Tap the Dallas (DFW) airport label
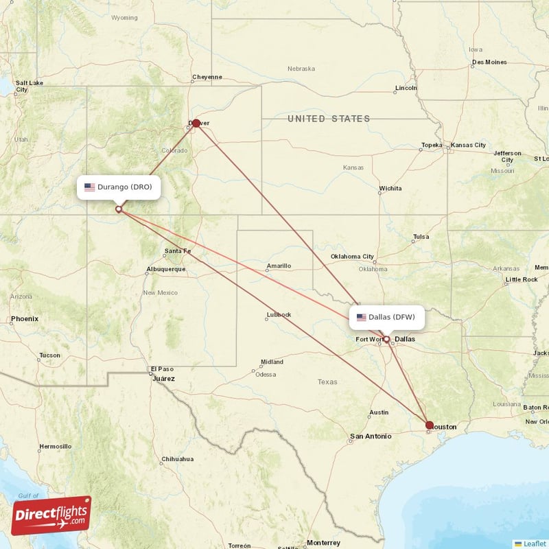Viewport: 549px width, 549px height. coord(387,317)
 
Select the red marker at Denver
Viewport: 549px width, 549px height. coord(196,124)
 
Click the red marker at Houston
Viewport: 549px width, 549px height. coord(430,425)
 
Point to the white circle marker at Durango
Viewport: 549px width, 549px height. coord(119,209)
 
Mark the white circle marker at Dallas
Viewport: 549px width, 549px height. coord(386,339)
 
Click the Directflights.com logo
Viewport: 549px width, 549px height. coord(51,515)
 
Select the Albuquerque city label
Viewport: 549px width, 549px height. coord(166,269)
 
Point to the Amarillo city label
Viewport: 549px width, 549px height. coord(279,266)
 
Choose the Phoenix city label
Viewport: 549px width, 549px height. coord(25,319)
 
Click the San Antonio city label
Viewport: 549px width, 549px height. coord(371,436)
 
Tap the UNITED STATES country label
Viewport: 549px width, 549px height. coord(329,119)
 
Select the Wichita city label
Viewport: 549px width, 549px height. coord(390,188)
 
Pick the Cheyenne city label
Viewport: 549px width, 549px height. coord(207,77)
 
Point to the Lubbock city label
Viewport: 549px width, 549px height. coord(279,315)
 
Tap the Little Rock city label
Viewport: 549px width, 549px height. coord(521,279)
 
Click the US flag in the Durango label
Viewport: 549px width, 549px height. coord(89,187)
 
